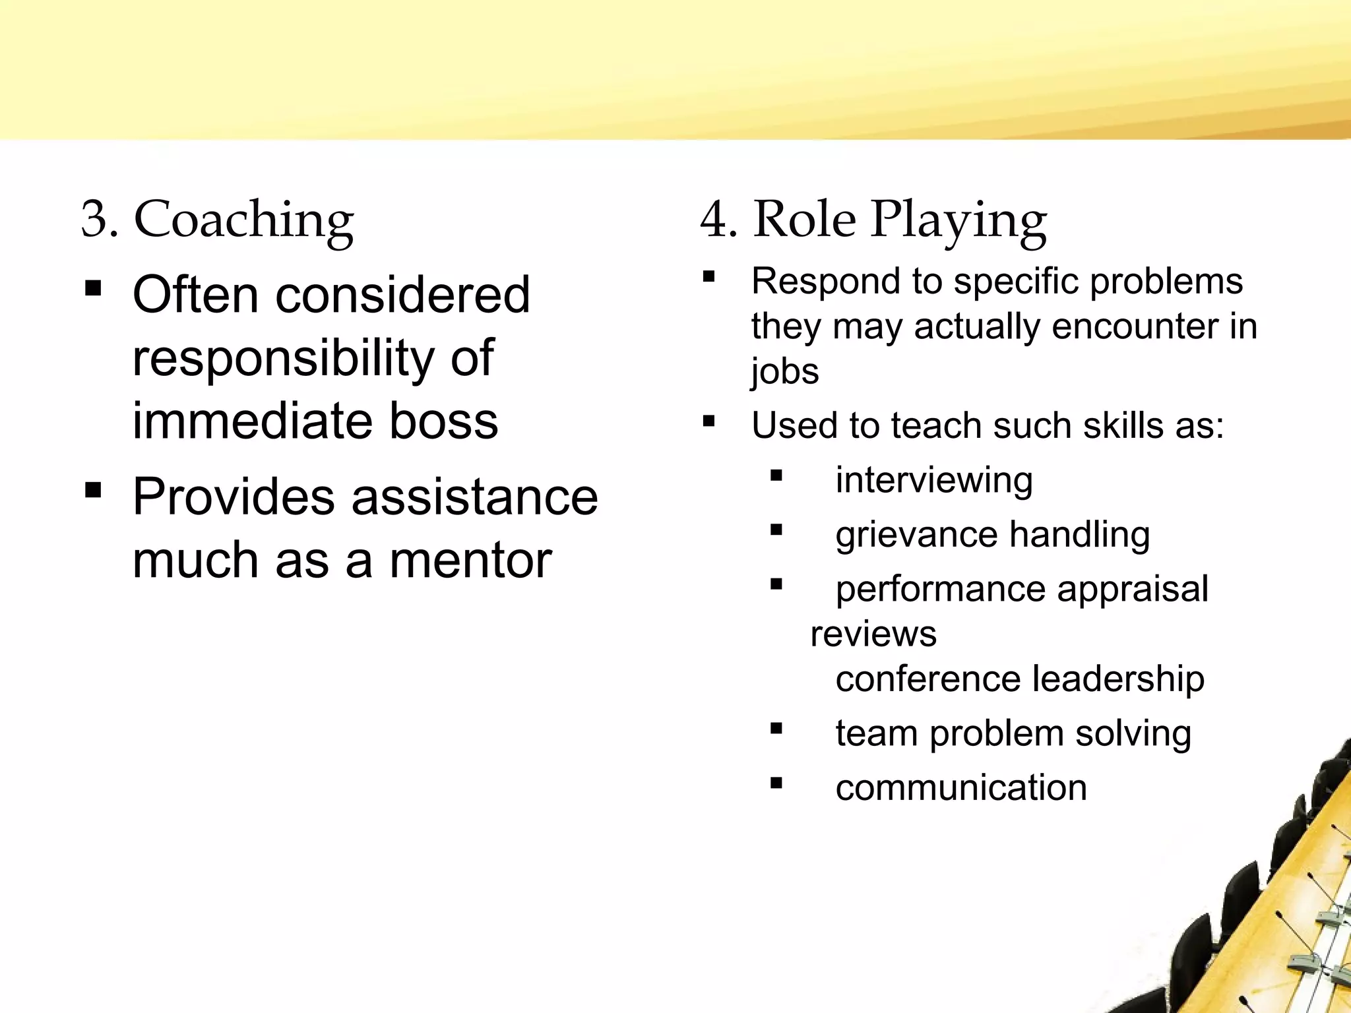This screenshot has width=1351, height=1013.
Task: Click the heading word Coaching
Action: [243, 220]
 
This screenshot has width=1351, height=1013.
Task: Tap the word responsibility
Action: [283, 358]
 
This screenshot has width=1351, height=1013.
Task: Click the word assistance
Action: [474, 497]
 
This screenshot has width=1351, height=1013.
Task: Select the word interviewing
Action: [933, 479]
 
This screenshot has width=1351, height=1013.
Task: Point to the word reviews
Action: [873, 634]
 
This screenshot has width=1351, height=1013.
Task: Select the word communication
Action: [960, 787]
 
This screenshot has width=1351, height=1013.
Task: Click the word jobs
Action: [784, 371]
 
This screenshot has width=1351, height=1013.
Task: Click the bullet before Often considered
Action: [93, 288]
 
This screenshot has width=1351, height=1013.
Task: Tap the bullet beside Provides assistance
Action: [93, 490]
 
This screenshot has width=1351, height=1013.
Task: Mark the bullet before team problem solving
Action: [776, 729]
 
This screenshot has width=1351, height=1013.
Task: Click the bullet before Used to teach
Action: [709, 420]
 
